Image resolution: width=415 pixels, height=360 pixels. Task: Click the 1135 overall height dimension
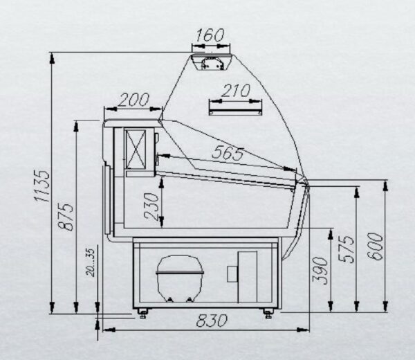tap(41, 186)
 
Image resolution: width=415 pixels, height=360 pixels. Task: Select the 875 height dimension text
tap(66, 217)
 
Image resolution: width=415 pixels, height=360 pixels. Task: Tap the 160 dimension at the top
tap(210, 35)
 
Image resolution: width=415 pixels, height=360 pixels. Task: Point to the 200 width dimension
tap(133, 100)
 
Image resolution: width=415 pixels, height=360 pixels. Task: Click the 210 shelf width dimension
tap(236, 91)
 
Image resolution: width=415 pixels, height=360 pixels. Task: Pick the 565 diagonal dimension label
tap(228, 153)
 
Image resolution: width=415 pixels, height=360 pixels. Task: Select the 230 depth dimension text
tap(151, 206)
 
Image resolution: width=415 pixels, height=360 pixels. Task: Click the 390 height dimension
tap(320, 270)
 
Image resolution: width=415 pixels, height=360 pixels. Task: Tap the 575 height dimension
tap(347, 249)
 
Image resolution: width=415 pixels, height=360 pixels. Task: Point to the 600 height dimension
tap(375, 246)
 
